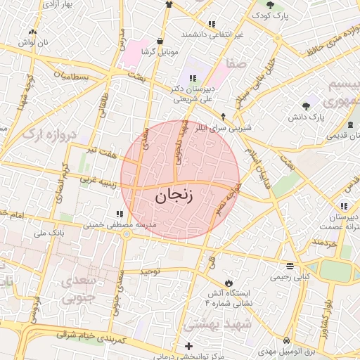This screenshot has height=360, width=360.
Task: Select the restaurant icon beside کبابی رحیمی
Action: click(x=290, y=266)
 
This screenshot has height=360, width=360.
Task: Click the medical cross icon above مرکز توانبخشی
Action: click(x=188, y=346)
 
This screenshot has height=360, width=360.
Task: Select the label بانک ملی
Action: click(x=50, y=231)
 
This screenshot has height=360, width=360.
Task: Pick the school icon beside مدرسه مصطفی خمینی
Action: click(x=118, y=214)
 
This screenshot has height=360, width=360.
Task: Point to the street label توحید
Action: click(x=150, y=271)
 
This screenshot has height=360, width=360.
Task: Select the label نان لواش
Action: click(x=32, y=44)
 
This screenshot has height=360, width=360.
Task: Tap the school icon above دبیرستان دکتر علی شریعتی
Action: click(x=193, y=77)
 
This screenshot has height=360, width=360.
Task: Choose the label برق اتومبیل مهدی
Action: click(x=282, y=350)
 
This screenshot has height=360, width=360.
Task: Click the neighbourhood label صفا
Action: click(x=236, y=64)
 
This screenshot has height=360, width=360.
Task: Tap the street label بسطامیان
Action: click(x=72, y=76)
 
